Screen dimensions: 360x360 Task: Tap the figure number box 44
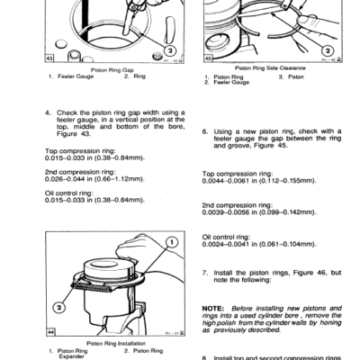coord(50,332)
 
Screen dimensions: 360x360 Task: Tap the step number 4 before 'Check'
coord(47,112)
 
